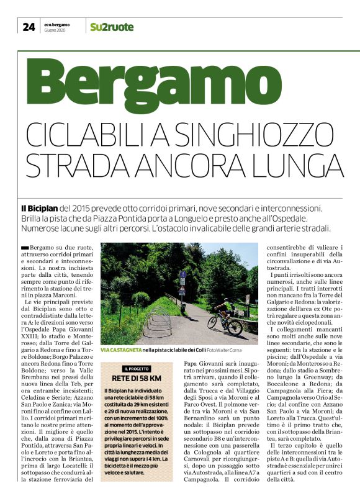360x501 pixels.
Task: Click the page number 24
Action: [29, 27]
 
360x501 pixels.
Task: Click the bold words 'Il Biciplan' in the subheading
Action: [42, 209]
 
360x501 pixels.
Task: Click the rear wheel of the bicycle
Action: [215, 323]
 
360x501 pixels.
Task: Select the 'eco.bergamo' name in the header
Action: [56, 24]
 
